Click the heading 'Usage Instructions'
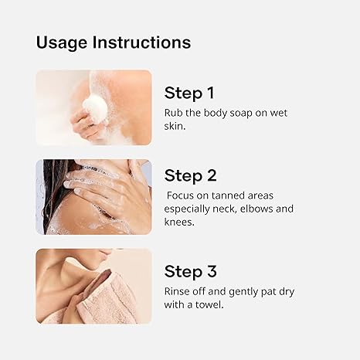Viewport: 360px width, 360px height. [x=113, y=42]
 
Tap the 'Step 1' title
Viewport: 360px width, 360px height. [x=189, y=93]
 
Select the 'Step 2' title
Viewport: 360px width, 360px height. [x=190, y=175]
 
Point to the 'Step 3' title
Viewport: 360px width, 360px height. [x=190, y=271]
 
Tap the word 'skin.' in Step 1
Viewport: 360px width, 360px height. [x=177, y=127]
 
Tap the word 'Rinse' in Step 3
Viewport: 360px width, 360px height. [x=178, y=291]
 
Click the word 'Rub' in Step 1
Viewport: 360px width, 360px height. [x=173, y=113]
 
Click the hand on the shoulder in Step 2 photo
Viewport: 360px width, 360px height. [x=100, y=185]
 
